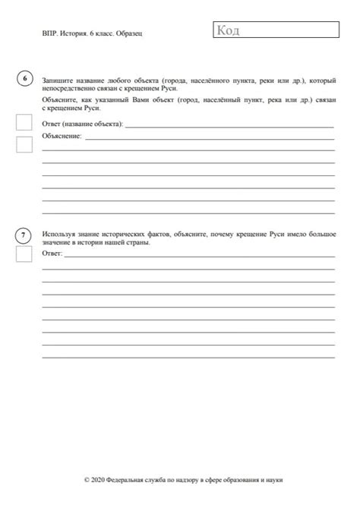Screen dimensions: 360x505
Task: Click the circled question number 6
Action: click(24, 80)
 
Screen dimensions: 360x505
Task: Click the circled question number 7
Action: click(24, 235)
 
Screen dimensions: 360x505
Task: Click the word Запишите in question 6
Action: click(58, 79)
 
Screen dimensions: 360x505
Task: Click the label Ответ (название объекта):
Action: click(83, 124)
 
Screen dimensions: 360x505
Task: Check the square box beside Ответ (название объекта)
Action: click(24, 122)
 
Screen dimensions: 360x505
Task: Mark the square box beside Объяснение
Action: click(24, 144)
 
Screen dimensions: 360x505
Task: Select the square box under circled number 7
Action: click(24, 254)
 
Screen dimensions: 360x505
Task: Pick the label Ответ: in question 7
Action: click(52, 254)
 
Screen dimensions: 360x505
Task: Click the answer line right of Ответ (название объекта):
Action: click(228, 125)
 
